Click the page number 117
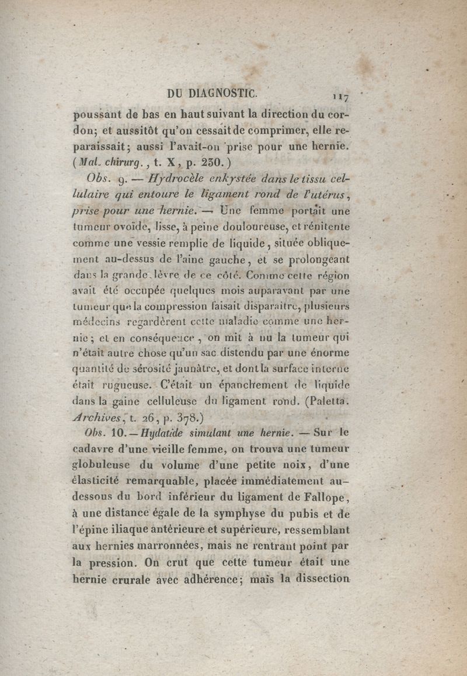(x=340, y=95)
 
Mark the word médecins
(x=96, y=320)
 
